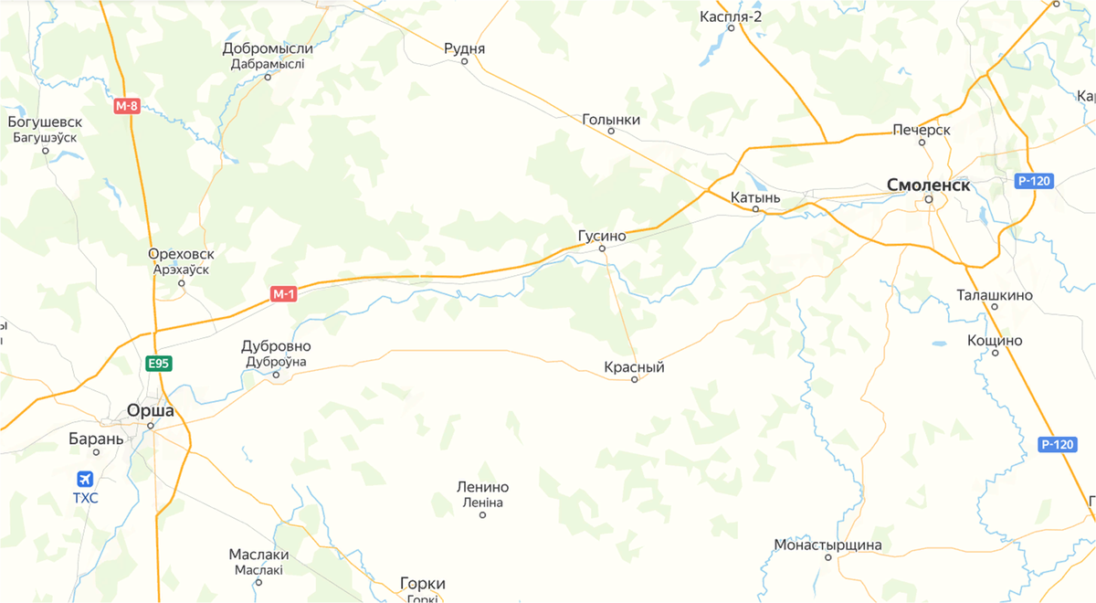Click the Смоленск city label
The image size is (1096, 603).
point(928,185)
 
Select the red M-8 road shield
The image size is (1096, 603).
point(127,106)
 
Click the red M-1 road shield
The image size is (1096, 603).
point(283,294)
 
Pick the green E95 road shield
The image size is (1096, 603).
point(159,364)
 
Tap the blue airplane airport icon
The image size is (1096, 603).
point(86,479)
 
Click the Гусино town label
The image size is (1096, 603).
point(602,236)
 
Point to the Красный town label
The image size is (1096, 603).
point(634,367)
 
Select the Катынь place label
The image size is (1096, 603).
point(755,197)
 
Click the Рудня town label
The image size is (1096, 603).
point(464,49)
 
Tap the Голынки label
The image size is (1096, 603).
point(611,120)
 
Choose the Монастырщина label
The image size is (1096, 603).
point(827,545)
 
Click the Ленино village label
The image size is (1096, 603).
point(482,488)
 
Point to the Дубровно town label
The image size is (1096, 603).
point(276,347)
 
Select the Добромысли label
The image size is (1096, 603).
point(268,48)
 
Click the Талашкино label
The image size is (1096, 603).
point(994,295)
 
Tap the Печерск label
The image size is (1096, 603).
point(922,130)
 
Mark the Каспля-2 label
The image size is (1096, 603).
point(731,16)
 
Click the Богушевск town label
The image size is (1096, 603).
point(45,122)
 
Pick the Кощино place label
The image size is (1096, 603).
point(995,341)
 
